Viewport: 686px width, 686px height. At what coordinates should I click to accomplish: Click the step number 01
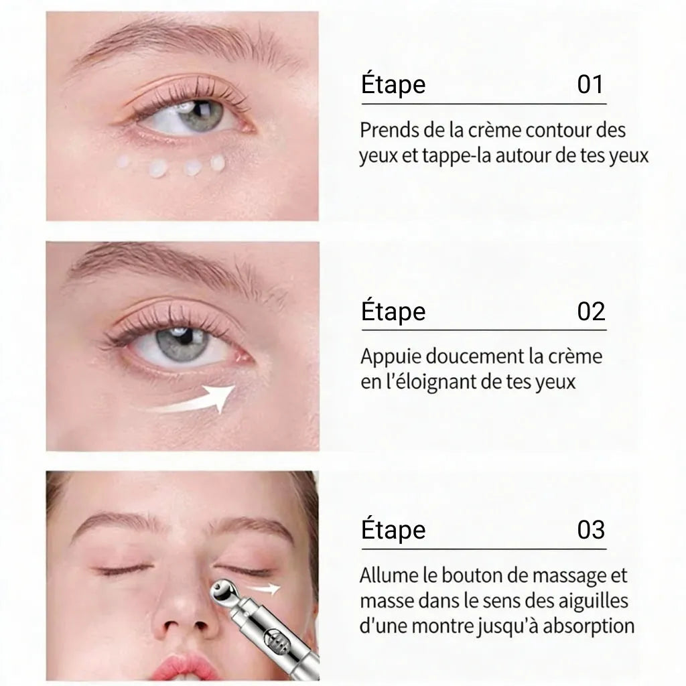pyautogui.click(x=590, y=85)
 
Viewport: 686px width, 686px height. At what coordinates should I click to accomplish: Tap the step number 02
pyautogui.click(x=591, y=312)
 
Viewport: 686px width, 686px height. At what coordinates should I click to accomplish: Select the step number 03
pyautogui.click(x=591, y=530)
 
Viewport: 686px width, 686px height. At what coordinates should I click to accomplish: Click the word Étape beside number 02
pyautogui.click(x=393, y=312)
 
